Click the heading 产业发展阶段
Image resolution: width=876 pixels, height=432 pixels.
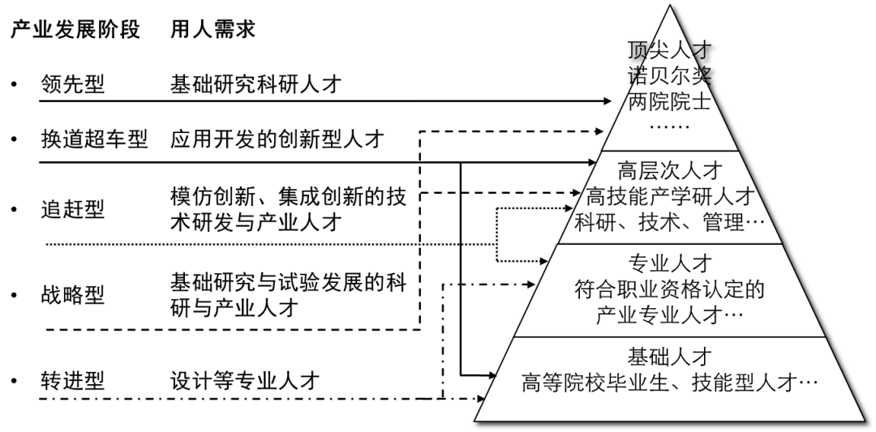point(75,31)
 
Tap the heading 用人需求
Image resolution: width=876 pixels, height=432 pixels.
point(213,31)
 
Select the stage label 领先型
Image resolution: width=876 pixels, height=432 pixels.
point(73,84)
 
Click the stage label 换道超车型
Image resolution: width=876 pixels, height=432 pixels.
point(94,139)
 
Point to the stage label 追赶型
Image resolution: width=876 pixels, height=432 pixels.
point(73,210)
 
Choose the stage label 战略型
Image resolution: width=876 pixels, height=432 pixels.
point(73,295)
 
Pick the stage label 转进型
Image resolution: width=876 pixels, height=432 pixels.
point(73,381)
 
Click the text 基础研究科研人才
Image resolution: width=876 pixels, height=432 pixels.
point(256,84)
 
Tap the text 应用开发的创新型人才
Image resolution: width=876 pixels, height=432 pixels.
point(277,139)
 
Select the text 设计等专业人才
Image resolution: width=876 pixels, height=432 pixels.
point(245,381)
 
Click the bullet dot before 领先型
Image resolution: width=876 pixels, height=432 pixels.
point(14,85)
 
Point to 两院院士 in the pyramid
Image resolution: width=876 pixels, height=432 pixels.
point(669,102)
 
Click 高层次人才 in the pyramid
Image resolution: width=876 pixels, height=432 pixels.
point(669,172)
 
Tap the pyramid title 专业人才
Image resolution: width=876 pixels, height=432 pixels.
point(669,264)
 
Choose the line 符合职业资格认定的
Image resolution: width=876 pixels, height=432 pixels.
point(669,289)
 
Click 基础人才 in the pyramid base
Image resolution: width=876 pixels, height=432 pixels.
point(669,357)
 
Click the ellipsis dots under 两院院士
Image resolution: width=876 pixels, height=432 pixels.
point(669,127)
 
